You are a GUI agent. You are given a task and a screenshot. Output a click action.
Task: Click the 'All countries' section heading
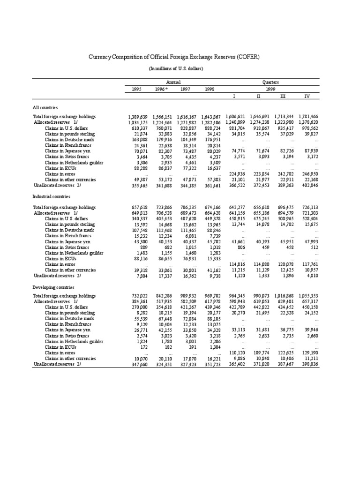pos(45,107)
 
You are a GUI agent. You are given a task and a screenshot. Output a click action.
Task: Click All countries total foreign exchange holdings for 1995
pos(137,116)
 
